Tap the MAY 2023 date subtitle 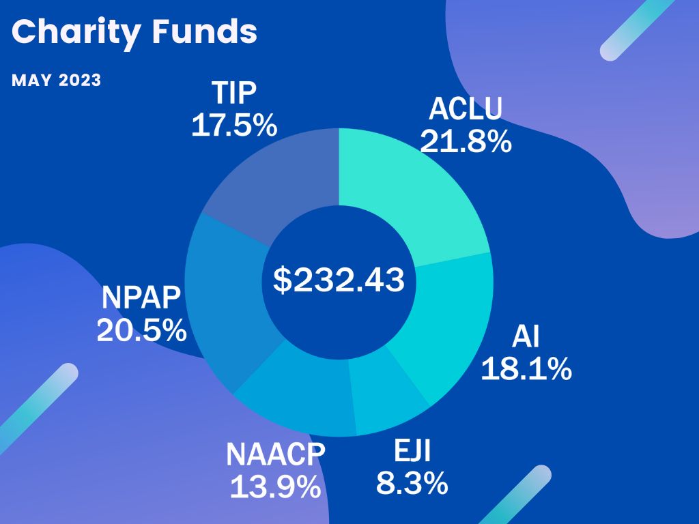tap(56, 81)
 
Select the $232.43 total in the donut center tap(339, 280)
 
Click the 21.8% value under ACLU tap(466, 141)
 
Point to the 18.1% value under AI tap(526, 369)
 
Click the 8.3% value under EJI tap(412, 483)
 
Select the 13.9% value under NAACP tap(275, 486)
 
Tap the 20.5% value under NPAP tap(141, 331)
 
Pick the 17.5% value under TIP tap(233, 126)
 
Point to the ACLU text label tap(466, 109)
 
